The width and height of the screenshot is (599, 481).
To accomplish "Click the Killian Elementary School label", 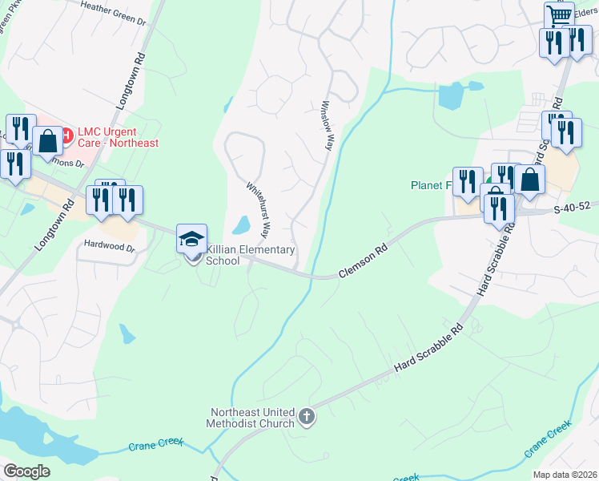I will (251, 256).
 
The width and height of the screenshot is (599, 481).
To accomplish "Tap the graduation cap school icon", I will (192, 240).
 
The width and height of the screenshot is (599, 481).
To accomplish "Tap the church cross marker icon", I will (307, 416).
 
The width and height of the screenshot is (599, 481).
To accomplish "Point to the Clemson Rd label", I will (363, 261).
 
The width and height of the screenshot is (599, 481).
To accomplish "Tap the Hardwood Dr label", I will (107, 247).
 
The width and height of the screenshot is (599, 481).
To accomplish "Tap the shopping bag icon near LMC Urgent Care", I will (48, 140).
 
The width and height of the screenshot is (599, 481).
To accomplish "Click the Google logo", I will (26, 471).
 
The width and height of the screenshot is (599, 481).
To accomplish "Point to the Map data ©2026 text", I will (565, 475).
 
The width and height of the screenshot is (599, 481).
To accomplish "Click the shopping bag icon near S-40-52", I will (529, 180).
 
